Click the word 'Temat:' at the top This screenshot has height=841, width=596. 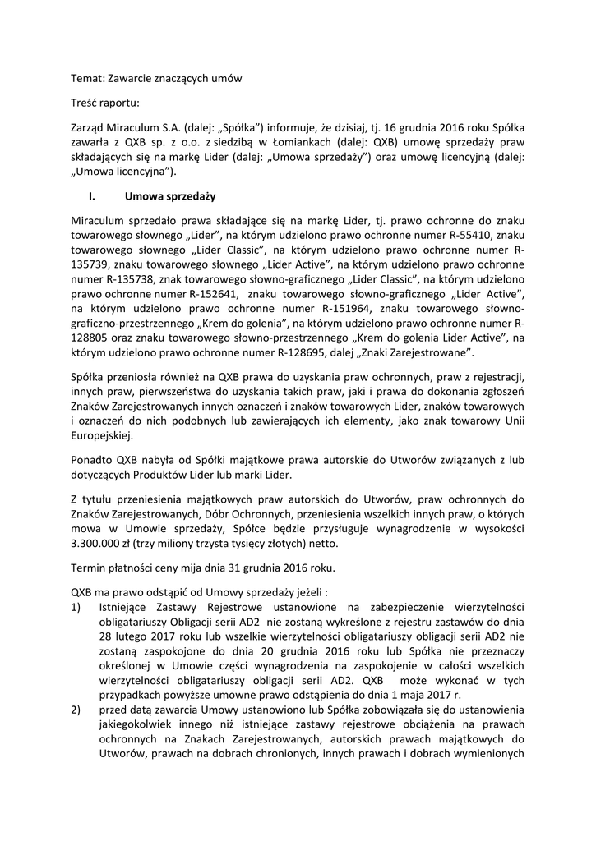(x=90, y=78)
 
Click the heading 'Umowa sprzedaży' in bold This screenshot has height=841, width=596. (x=170, y=196)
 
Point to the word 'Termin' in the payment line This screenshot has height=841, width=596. (x=90, y=568)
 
